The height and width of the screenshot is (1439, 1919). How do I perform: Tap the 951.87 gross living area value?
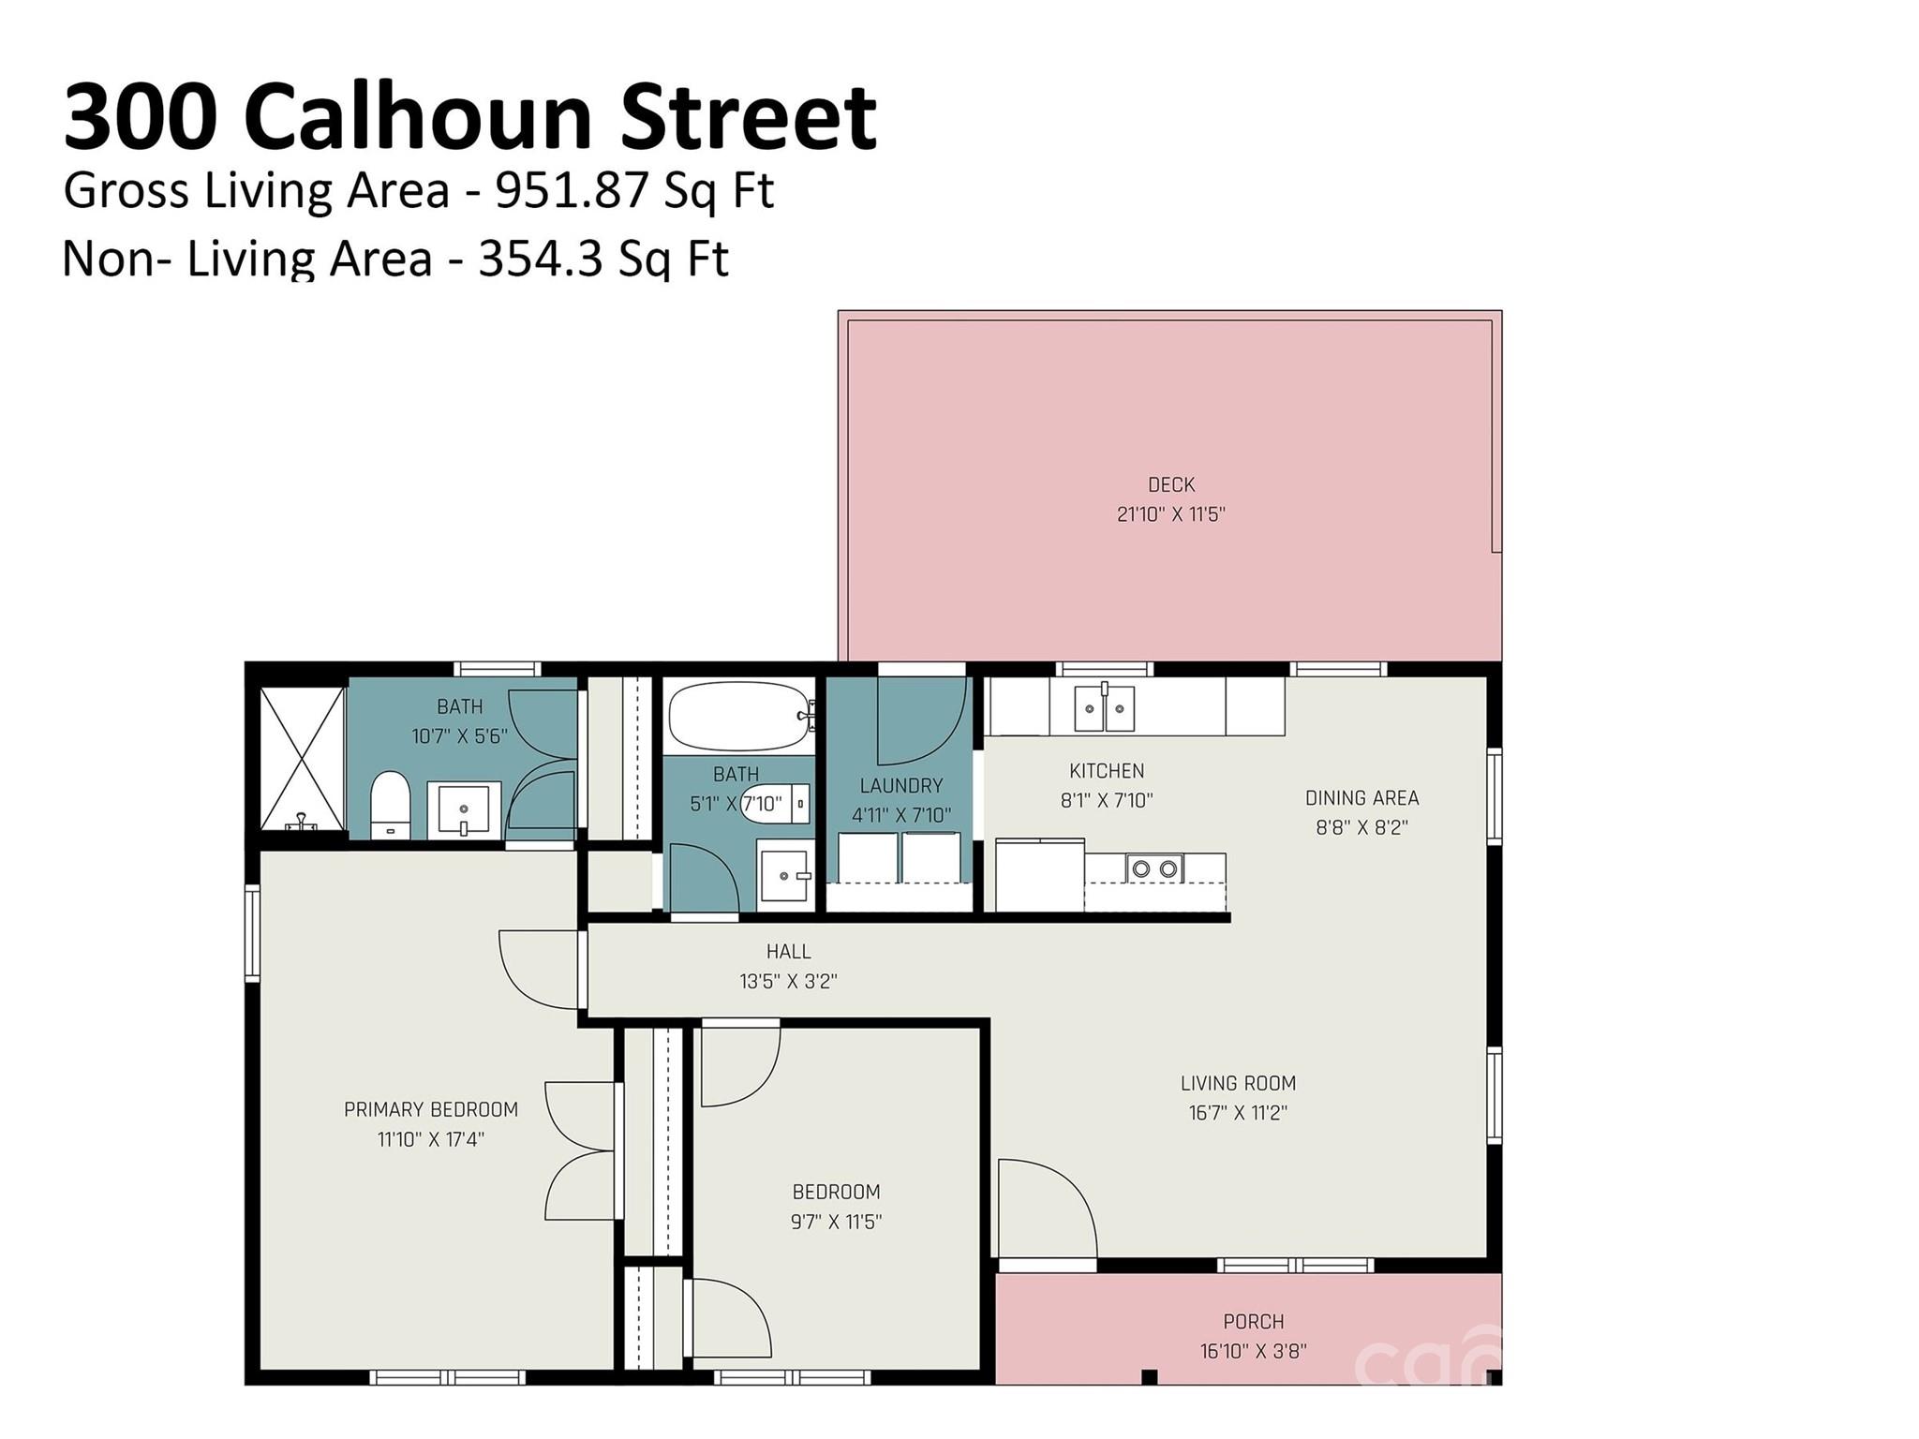pos(572,191)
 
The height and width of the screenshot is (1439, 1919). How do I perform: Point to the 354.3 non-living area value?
pos(553,260)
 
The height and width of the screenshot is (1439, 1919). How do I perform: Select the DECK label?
pos(1170,484)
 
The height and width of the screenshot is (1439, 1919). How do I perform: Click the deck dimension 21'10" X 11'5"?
pos(1170,514)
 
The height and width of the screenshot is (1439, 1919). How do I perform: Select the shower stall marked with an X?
pos(301,759)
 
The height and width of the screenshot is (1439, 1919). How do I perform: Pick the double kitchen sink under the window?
pos(1104,709)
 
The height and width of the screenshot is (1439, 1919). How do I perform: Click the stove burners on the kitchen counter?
pos(1154,868)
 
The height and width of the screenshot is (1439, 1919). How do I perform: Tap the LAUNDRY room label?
pos(900,785)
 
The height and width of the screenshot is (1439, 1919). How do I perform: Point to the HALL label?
pos(788,952)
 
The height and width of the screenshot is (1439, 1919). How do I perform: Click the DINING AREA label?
pos(1361,798)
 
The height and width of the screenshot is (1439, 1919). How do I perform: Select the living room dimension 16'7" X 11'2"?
pos(1238,1113)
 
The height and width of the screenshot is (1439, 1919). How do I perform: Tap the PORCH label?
pos(1253,1322)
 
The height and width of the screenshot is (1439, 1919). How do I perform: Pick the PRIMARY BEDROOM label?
pos(430,1110)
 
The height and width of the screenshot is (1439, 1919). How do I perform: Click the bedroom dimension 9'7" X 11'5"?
pos(836,1222)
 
